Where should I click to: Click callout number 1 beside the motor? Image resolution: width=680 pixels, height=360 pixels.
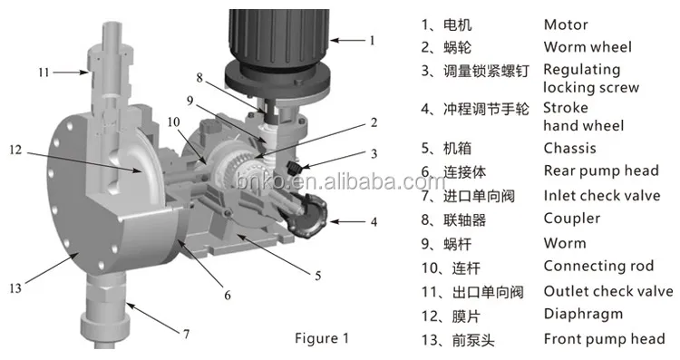pos(371,39)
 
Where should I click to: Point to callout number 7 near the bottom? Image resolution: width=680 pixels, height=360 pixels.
pos(186,334)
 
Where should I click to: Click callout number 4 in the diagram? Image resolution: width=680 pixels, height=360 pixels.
pos(373,221)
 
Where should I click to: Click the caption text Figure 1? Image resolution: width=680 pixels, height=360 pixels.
pos(320,339)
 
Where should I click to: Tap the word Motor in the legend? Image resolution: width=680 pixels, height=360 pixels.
pos(565,24)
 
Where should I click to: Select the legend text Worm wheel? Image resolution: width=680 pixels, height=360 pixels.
pos(587,47)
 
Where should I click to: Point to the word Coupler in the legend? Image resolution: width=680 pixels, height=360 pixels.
pos(571,218)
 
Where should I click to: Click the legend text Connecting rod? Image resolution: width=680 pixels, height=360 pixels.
pos(599,267)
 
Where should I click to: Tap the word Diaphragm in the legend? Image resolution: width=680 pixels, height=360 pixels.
pos(583,315)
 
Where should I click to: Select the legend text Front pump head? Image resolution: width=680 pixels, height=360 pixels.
pos(604,339)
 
